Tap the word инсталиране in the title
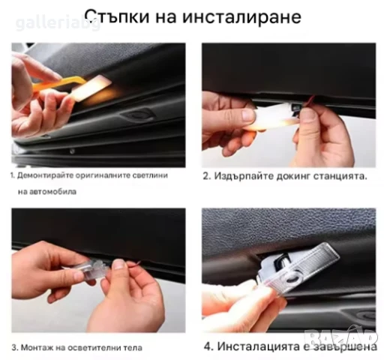(239, 16)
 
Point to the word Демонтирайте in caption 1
(47, 175)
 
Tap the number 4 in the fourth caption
(208, 346)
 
